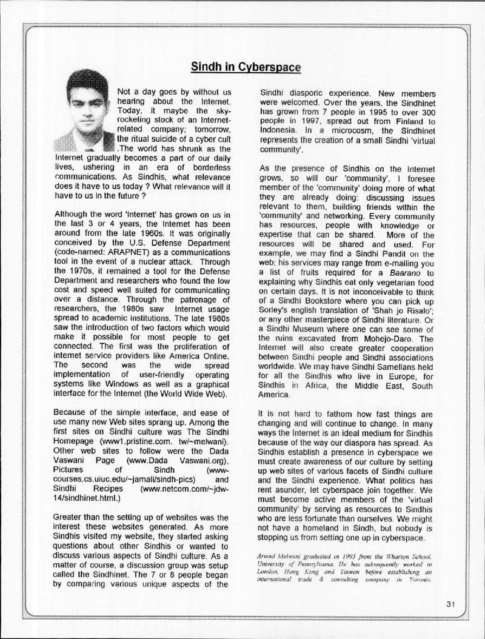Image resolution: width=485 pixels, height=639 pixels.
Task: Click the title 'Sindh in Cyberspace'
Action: coord(246,67)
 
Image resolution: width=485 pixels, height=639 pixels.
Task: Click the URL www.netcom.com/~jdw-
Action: coord(175,487)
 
